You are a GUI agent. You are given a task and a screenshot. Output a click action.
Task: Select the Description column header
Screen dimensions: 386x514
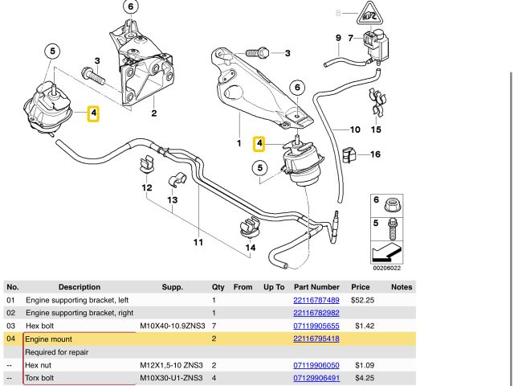tap(73, 287)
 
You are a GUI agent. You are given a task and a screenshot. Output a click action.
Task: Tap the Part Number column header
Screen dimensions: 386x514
tap(316, 287)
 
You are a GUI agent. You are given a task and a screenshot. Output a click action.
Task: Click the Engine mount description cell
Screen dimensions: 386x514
tap(49, 339)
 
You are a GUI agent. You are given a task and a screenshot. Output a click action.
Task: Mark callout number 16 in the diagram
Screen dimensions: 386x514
tap(375, 154)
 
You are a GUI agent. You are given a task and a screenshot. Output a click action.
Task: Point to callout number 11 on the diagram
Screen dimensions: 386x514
tap(198, 240)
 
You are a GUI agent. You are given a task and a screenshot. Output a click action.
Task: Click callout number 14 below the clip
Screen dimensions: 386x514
tap(251, 248)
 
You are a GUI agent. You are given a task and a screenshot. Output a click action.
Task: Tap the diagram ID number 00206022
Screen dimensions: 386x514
tap(387, 269)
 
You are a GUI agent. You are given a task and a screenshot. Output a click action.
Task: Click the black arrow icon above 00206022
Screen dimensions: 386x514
tap(386, 254)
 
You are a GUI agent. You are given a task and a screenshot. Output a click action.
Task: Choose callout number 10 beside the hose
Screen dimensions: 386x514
tap(354, 129)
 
